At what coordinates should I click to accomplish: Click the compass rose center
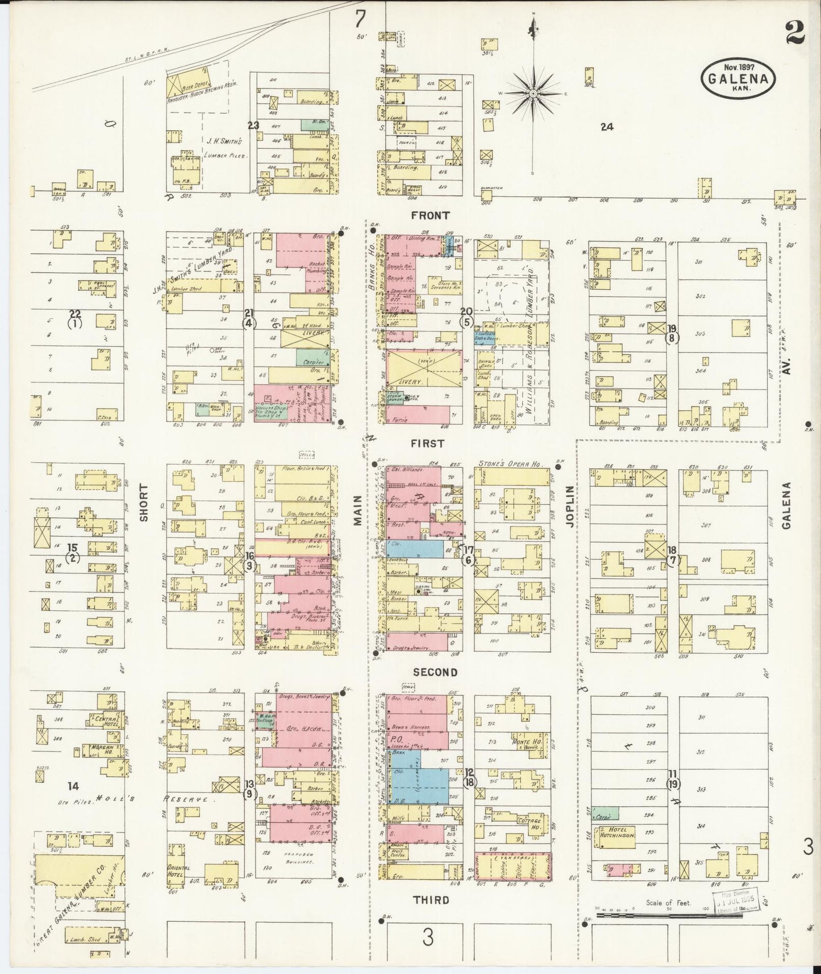click(x=534, y=93)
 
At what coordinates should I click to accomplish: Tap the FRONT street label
click(x=430, y=215)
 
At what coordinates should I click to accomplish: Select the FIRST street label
click(x=429, y=443)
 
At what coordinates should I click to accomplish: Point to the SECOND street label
click(x=435, y=672)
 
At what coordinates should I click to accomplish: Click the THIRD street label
click(x=431, y=900)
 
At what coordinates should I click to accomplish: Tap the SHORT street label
click(x=143, y=502)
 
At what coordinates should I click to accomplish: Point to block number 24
click(x=607, y=127)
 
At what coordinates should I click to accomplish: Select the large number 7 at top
click(x=360, y=20)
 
